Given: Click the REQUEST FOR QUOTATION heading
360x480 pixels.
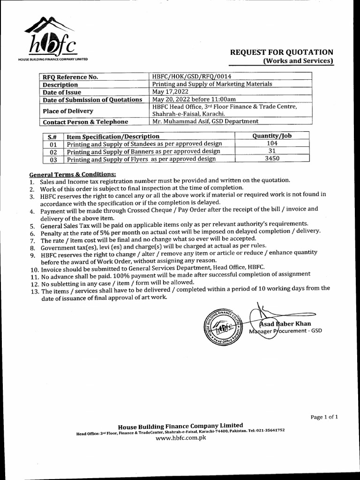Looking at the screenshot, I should [x=281, y=52].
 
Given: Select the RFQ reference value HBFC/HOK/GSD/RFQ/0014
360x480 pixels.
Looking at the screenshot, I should [x=192, y=76].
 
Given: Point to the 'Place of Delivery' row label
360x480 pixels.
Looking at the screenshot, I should [x=68, y=111].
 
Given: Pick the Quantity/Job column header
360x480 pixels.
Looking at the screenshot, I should [x=272, y=136].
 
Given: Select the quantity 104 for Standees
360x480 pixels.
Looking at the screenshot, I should [x=272, y=143].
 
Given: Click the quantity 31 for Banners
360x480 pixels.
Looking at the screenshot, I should [x=272, y=151].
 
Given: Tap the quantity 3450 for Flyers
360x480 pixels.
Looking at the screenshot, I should [x=272, y=159].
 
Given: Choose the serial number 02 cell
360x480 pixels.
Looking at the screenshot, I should [x=53, y=152].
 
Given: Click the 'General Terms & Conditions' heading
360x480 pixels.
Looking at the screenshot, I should [x=72, y=174].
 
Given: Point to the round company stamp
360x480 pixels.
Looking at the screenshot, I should [x=222, y=326].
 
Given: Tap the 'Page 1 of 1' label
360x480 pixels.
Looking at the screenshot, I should [x=324, y=417].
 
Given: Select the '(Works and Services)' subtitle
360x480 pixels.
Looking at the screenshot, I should [x=298, y=61].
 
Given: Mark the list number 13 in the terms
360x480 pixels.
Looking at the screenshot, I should [x=34, y=291].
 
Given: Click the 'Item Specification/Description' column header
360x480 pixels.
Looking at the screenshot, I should [x=113, y=136].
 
